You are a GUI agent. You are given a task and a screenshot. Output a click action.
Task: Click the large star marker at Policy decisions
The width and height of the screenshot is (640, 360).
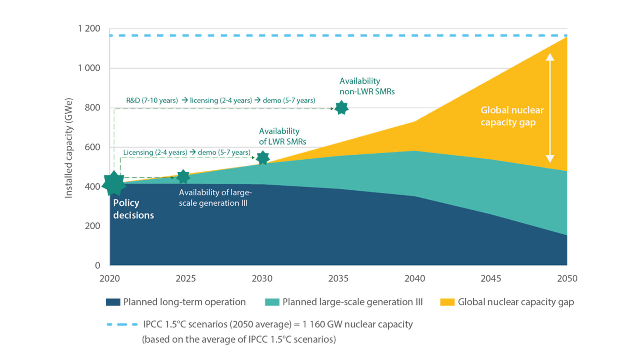[x=114, y=183]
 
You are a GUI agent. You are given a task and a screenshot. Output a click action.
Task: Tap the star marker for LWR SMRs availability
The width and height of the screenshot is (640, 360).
[x=263, y=158]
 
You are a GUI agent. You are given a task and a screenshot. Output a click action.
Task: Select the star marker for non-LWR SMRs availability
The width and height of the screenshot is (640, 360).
[x=341, y=108]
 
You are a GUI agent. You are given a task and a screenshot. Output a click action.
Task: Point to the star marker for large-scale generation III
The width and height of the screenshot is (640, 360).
[x=183, y=177]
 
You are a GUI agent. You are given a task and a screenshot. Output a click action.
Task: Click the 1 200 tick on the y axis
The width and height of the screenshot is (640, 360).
[x=89, y=29]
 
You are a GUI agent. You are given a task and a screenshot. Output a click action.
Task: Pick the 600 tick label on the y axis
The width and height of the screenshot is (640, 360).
[x=92, y=147]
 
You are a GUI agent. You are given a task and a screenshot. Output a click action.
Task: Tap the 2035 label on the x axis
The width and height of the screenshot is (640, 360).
[x=338, y=278]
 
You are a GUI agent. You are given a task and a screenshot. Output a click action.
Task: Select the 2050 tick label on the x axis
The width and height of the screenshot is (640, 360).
[x=567, y=278]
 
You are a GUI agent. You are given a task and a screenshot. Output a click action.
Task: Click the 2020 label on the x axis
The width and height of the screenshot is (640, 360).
[x=110, y=278]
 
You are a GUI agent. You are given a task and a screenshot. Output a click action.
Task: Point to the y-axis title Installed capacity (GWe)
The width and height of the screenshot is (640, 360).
[x=68, y=148]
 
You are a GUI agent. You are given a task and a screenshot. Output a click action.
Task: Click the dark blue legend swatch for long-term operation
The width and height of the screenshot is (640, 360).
[x=113, y=302]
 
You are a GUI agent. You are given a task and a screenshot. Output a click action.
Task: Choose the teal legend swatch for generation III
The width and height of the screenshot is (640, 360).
[x=272, y=302]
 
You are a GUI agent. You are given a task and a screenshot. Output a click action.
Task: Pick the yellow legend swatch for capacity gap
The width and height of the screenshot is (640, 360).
[x=447, y=302]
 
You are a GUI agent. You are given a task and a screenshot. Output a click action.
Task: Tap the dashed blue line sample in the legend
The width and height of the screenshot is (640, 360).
[x=122, y=324]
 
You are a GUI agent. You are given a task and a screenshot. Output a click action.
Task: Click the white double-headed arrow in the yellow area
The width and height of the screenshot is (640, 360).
[x=550, y=108]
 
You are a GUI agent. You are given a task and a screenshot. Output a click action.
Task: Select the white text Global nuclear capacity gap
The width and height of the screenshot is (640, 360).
[x=512, y=116]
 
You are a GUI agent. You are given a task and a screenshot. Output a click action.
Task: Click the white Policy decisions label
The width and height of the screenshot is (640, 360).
[x=133, y=209]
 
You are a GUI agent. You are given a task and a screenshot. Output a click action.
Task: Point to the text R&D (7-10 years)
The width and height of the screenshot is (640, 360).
[x=152, y=100]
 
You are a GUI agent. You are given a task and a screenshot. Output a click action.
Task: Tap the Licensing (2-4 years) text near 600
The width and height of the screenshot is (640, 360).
[x=155, y=152]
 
